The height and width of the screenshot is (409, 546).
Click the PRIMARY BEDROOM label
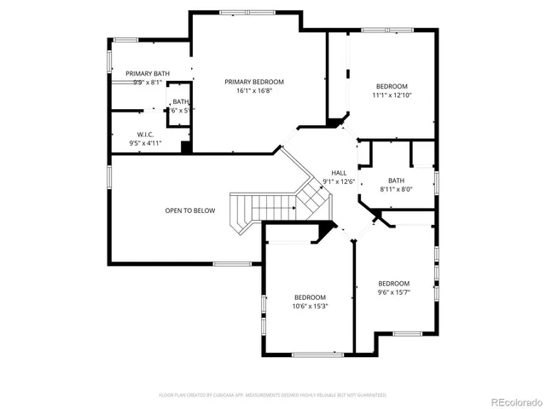coord(254,82)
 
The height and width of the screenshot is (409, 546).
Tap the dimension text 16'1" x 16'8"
coord(254,91)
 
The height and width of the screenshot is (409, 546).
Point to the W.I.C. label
coord(145,135)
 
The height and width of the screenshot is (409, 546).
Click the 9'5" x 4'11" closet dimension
coord(145,143)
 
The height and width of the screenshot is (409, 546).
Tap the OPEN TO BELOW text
coord(189,210)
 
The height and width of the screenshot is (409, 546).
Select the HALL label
coord(339,172)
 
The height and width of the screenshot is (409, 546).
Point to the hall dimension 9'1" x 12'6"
coord(339,181)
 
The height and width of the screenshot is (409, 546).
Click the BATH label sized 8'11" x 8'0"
coord(396,180)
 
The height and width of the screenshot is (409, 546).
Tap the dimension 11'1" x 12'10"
coord(392,96)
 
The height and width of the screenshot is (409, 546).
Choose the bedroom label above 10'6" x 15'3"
coord(311,297)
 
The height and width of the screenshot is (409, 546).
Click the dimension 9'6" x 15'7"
coord(394,293)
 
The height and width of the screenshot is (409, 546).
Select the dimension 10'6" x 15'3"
coord(311,306)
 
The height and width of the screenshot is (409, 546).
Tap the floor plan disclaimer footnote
coord(273,395)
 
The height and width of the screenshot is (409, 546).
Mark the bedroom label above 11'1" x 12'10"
coord(392,86)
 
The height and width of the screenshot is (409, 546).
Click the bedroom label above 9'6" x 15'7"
coord(394,283)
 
